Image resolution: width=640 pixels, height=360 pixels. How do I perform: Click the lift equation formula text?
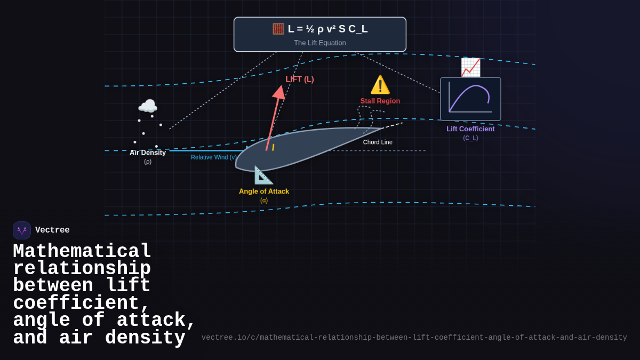point(327,29)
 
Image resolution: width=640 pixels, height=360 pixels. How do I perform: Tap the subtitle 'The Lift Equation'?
point(320,43)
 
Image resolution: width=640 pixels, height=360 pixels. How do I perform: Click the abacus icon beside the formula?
point(278,29)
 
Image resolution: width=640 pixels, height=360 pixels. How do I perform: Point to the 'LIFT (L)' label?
point(300,79)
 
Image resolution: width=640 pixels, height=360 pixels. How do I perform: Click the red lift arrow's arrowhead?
point(279,92)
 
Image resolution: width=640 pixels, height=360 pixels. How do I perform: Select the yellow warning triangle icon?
point(380,85)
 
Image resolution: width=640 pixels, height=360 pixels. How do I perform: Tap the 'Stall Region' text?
point(380,101)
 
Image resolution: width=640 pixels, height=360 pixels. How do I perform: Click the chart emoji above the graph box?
point(470,67)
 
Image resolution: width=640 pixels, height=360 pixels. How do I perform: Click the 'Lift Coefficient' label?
point(470,129)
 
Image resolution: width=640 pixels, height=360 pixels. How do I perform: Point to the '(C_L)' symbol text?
point(470,138)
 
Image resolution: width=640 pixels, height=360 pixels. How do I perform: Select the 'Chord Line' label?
point(378,142)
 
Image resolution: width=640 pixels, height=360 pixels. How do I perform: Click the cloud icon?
point(148,106)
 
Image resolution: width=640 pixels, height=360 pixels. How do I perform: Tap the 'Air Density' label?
point(148,153)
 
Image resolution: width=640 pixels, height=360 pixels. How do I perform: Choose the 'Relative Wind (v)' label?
point(214,157)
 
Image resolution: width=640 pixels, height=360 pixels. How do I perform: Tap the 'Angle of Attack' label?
point(264,191)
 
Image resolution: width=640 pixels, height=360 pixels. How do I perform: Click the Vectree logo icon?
point(22,230)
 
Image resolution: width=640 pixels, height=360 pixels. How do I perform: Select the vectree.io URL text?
point(414,338)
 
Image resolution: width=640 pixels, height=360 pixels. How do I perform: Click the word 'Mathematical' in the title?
point(82,251)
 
